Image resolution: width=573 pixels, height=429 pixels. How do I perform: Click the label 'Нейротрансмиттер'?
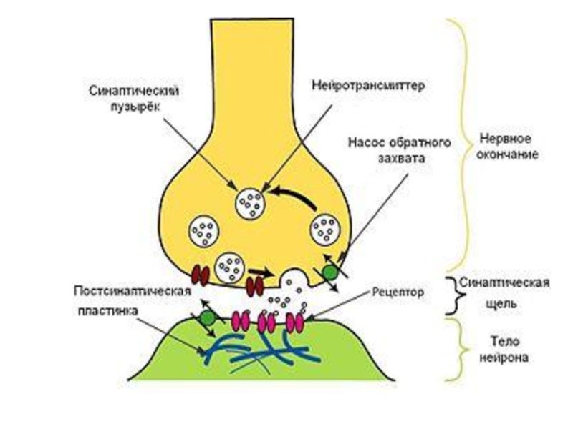click(369, 85)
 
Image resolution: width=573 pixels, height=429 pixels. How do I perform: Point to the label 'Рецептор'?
click(398, 292)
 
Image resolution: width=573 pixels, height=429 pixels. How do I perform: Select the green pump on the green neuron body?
click(207, 317)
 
